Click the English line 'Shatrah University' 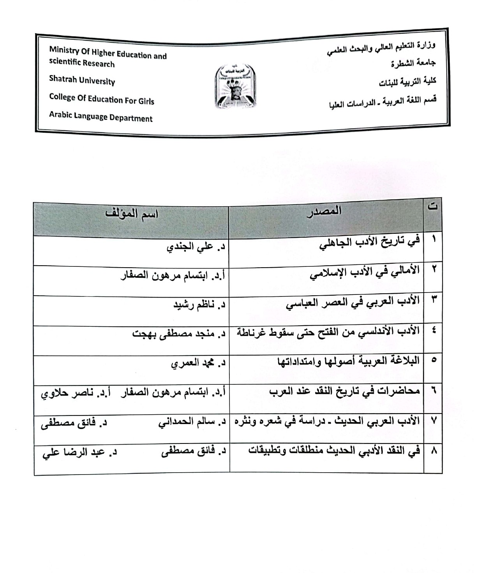click(x=82, y=80)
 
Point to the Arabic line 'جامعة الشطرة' click(x=413, y=63)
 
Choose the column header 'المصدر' click(x=324, y=211)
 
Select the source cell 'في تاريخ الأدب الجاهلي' click(x=370, y=244)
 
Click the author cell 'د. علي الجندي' click(x=196, y=247)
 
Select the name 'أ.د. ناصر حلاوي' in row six click(x=76, y=393)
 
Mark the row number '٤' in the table click(x=434, y=330)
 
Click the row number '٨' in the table click(x=434, y=451)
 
